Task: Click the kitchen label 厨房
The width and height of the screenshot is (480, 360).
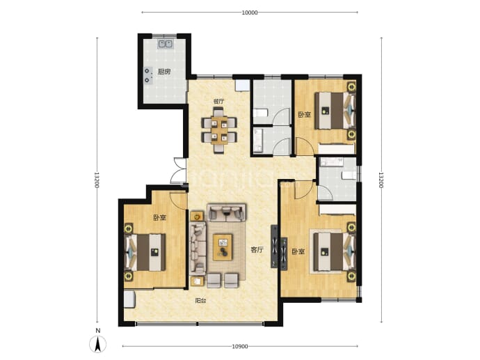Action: (x=163, y=72)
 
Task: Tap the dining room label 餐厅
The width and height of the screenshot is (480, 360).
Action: (x=218, y=102)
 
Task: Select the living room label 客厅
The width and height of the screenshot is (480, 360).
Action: (x=257, y=250)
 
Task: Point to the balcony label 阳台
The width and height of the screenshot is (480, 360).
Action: (x=200, y=301)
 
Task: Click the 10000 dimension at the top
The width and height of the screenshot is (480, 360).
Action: (x=250, y=13)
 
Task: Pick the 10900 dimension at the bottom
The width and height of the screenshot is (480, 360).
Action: (x=240, y=347)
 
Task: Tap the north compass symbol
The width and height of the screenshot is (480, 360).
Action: (x=97, y=342)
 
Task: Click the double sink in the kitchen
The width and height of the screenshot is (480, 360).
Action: (x=166, y=44)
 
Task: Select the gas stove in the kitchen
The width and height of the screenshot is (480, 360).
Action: (x=148, y=75)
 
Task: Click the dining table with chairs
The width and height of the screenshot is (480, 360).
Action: (x=219, y=130)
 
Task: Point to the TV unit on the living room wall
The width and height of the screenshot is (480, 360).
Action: (x=274, y=246)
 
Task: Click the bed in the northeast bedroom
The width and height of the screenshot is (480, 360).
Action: (x=335, y=111)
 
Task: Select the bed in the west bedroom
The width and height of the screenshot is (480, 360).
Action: (x=145, y=252)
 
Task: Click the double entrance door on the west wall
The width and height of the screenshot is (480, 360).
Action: (x=179, y=171)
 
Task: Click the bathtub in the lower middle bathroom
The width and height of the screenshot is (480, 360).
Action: (x=258, y=141)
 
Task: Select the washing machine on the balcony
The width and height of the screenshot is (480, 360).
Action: (x=130, y=299)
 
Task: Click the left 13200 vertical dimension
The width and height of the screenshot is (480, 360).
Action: (x=97, y=180)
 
